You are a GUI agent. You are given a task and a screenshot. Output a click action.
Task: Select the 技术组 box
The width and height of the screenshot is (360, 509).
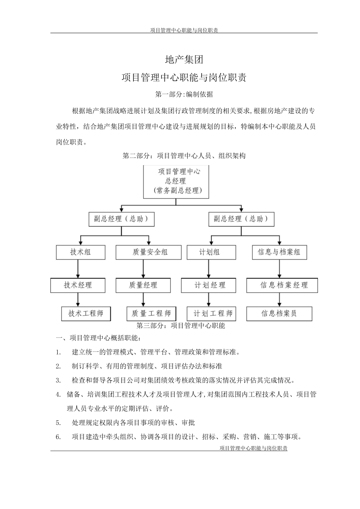(x=80, y=252)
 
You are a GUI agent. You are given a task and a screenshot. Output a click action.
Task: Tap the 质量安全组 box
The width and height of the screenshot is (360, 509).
(x=150, y=252)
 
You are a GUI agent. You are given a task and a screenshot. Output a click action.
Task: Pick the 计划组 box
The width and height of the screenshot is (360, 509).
(x=211, y=252)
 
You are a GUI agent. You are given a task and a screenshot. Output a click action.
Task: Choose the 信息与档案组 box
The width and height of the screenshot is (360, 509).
(x=279, y=252)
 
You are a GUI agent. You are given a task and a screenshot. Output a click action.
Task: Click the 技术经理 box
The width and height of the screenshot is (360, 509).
(x=78, y=285)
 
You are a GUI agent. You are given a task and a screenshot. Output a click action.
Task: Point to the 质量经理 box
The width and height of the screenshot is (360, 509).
(x=143, y=285)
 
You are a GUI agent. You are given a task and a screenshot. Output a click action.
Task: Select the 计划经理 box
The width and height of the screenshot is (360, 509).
(x=208, y=285)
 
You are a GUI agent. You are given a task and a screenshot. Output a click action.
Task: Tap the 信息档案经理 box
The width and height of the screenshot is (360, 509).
(x=282, y=285)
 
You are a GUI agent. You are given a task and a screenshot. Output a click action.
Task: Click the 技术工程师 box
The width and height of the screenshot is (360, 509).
(x=86, y=314)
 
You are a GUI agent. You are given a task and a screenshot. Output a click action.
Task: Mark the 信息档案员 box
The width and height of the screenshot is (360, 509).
(x=279, y=314)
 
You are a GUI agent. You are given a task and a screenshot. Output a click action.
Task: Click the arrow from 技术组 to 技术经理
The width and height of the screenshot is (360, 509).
(x=78, y=269)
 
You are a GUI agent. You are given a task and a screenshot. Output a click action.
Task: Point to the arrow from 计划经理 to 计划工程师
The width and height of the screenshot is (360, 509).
(x=208, y=300)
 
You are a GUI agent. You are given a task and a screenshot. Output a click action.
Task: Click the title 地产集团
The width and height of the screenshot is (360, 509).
(x=184, y=59)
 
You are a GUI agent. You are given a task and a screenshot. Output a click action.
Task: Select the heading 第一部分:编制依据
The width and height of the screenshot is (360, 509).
(x=184, y=94)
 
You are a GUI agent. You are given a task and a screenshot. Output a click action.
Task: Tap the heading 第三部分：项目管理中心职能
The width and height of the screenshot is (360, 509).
(x=181, y=326)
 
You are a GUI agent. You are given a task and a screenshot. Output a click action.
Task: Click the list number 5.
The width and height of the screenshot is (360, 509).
(x=58, y=423)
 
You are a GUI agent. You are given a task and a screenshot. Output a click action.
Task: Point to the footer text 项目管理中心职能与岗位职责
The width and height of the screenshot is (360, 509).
(x=254, y=448)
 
